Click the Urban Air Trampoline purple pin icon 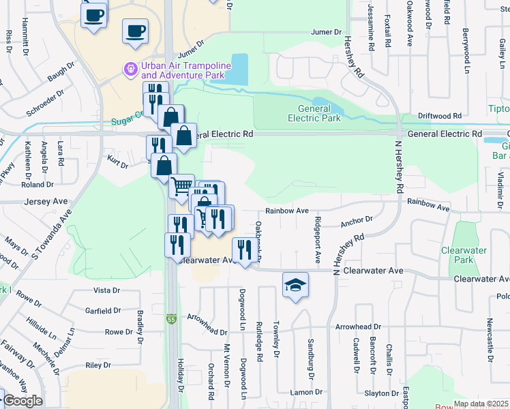[x=130, y=69]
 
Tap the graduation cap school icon [x=295, y=284]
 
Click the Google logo [x=22, y=401]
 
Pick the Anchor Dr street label [x=357, y=219]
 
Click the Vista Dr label [x=106, y=290]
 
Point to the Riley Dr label [x=97, y=365]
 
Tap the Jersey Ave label [x=46, y=201]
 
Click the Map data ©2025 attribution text [x=481, y=404]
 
